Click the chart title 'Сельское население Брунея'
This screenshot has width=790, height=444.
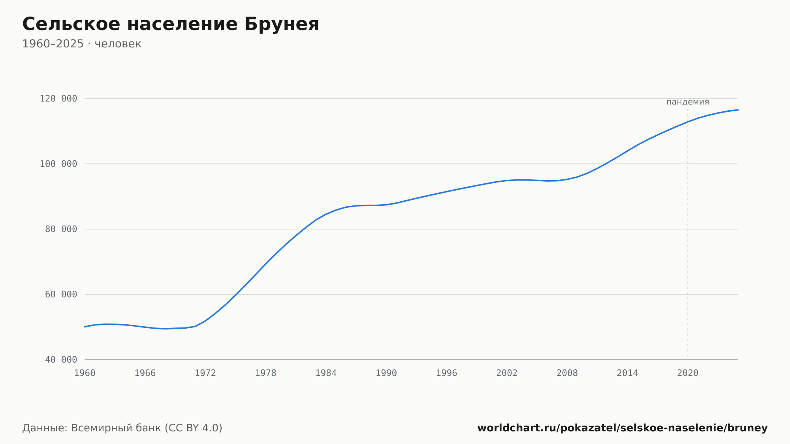pos(171,24)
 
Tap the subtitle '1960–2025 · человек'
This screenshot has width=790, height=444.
pos(82,44)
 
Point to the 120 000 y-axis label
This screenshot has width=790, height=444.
pos(58,99)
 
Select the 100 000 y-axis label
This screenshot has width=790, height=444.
pos(58,164)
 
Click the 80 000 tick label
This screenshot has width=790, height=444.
pos(61,229)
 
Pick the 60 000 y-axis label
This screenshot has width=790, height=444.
pos(61,294)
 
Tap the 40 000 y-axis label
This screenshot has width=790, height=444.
pos(61,359)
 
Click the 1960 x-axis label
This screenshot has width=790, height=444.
pos(85,373)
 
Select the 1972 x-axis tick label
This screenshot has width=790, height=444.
pos(205,373)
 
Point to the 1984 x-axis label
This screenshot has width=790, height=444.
pos(326,373)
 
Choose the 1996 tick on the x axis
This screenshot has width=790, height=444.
pos(446,373)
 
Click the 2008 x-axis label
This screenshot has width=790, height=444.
pos(567,373)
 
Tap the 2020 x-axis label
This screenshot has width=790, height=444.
pos(688,373)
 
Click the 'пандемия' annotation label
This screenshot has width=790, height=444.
pos(688,102)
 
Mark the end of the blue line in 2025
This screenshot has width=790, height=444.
pos(738,110)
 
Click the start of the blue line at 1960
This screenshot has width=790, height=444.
pos(85,327)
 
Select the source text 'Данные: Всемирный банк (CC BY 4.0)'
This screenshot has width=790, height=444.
pos(122,428)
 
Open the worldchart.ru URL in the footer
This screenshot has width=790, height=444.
pos(623,428)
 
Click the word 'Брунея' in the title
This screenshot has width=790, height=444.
pos(282,24)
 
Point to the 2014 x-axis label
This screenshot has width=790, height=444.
pos(627,373)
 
